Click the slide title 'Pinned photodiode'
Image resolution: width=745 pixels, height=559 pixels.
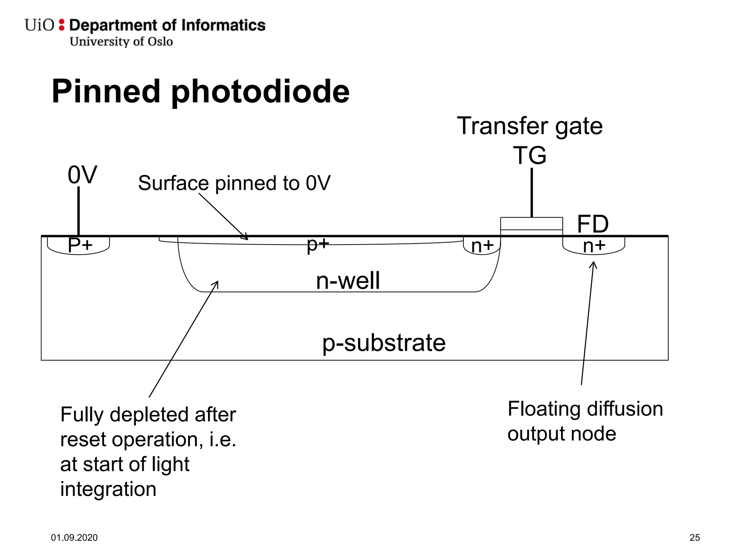click(x=200, y=91)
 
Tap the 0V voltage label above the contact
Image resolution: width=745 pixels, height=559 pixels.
click(x=82, y=175)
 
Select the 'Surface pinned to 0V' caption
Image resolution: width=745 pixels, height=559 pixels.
click(x=234, y=183)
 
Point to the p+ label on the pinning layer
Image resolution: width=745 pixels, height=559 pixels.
click(x=318, y=244)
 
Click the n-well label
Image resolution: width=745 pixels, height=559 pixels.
click(x=347, y=281)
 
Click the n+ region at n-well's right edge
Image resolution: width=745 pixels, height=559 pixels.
click(x=482, y=246)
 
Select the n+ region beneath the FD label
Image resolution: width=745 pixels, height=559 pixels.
click(x=594, y=246)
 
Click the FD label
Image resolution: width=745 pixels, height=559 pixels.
click(x=593, y=224)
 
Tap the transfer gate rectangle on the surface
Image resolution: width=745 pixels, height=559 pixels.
click(x=531, y=223)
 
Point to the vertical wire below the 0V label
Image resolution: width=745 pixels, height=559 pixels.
click(x=79, y=211)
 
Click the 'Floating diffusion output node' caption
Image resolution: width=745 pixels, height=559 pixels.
click(x=585, y=421)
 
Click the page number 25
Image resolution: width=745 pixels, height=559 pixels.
click(x=694, y=538)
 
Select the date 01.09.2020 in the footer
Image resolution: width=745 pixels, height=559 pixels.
click(x=74, y=538)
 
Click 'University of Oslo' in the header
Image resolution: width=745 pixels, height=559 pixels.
click(x=121, y=41)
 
